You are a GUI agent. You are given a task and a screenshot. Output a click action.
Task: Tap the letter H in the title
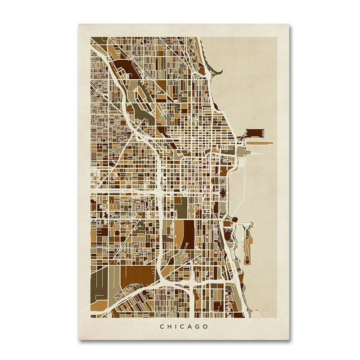pos(168,326)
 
